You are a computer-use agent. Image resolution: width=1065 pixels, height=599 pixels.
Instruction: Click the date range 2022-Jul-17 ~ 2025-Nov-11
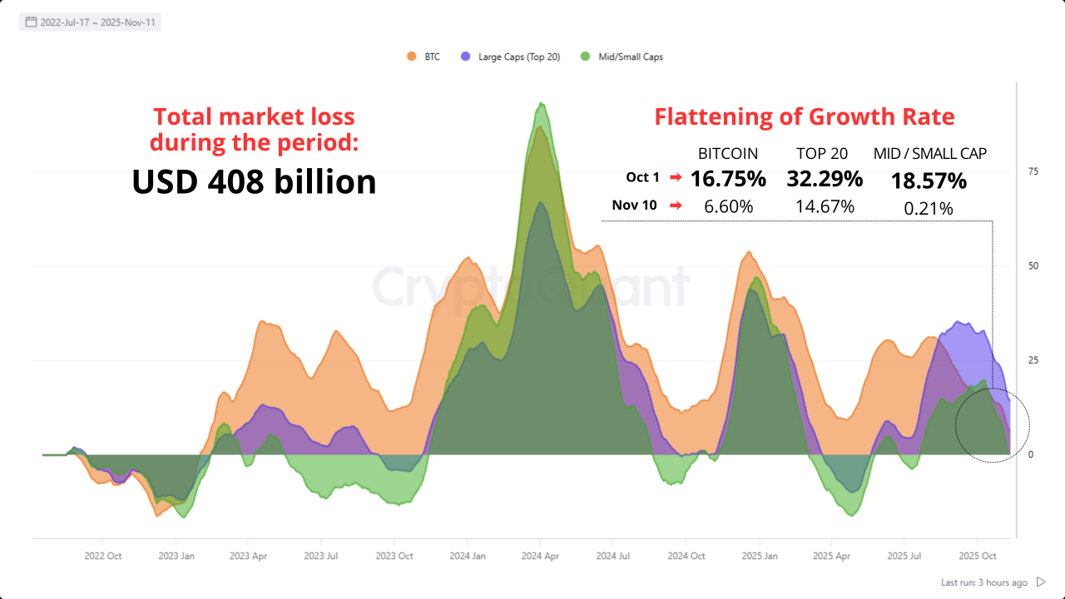(x=92, y=22)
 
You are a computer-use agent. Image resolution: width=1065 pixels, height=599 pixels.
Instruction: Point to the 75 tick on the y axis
(x=1033, y=171)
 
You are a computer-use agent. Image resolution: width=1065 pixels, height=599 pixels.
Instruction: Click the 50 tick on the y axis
(x=1033, y=266)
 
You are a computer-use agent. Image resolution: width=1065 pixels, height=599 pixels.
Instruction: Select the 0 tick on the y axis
(x=1031, y=455)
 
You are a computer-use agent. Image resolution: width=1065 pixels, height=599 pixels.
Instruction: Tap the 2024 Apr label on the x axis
(x=540, y=556)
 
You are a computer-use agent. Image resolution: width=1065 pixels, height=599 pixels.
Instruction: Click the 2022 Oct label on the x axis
(x=104, y=556)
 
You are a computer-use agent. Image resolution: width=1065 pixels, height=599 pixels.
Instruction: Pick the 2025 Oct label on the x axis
(x=978, y=556)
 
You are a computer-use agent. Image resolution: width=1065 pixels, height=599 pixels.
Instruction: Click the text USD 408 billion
(x=254, y=182)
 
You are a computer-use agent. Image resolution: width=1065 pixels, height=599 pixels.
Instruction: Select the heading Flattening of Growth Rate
(x=804, y=116)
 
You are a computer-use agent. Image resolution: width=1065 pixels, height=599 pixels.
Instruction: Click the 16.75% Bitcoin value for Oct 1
(x=728, y=179)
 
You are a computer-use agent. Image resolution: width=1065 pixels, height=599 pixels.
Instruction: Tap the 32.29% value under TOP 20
(x=824, y=179)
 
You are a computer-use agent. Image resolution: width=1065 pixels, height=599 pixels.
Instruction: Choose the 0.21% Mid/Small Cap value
(x=929, y=209)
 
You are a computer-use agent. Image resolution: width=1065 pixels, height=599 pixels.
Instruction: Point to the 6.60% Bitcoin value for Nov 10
(x=728, y=206)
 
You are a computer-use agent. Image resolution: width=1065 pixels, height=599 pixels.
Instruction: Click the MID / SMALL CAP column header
(x=930, y=154)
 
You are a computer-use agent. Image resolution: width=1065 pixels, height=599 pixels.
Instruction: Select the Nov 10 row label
(x=636, y=205)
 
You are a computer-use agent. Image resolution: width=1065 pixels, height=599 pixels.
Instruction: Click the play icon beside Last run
(x=1041, y=582)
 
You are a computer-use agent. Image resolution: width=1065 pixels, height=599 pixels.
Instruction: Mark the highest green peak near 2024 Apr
(x=542, y=103)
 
